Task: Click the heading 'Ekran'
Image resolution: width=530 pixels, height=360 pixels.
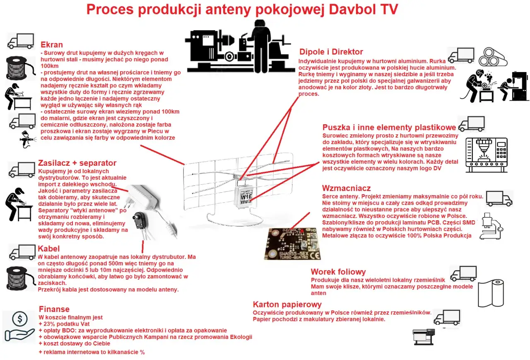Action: pos(52,45)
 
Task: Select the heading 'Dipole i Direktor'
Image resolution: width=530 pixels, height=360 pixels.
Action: pos(331,52)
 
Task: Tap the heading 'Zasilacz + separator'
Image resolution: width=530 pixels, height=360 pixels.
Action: pos(77,163)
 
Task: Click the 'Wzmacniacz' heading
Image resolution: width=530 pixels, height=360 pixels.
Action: pos(347,188)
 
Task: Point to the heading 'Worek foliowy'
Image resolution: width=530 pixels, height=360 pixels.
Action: pos(338,272)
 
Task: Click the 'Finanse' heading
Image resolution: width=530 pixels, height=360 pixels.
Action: pos(54,309)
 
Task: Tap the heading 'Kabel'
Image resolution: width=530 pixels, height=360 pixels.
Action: pos(48,249)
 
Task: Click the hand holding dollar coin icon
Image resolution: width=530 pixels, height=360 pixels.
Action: pos(19,326)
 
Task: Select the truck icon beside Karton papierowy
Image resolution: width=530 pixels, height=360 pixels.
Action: pos(447,317)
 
